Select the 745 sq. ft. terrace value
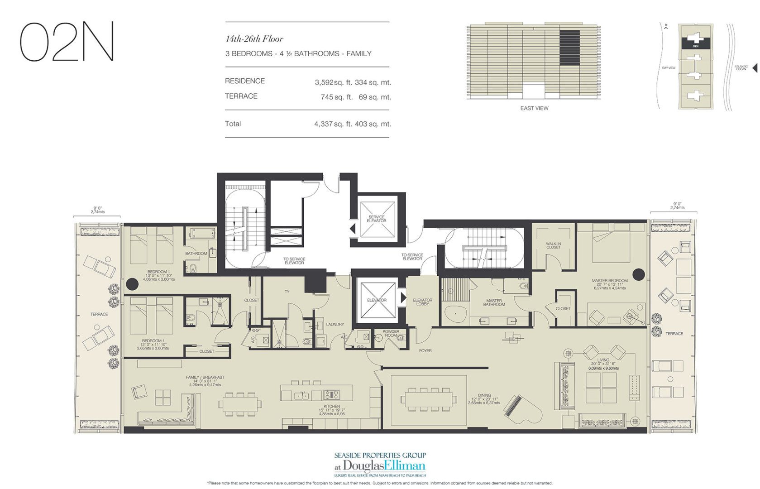(333, 97)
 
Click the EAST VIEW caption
(534, 108)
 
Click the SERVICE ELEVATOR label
(376, 219)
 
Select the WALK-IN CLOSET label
(553, 245)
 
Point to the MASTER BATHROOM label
(494, 302)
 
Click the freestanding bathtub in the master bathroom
(454, 314)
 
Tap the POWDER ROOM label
(391, 333)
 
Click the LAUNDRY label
(335, 324)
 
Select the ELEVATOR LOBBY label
(422, 302)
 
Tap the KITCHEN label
(331, 406)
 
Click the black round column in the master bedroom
(638, 273)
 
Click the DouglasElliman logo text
(384, 465)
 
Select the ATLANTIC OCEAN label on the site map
(741, 68)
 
